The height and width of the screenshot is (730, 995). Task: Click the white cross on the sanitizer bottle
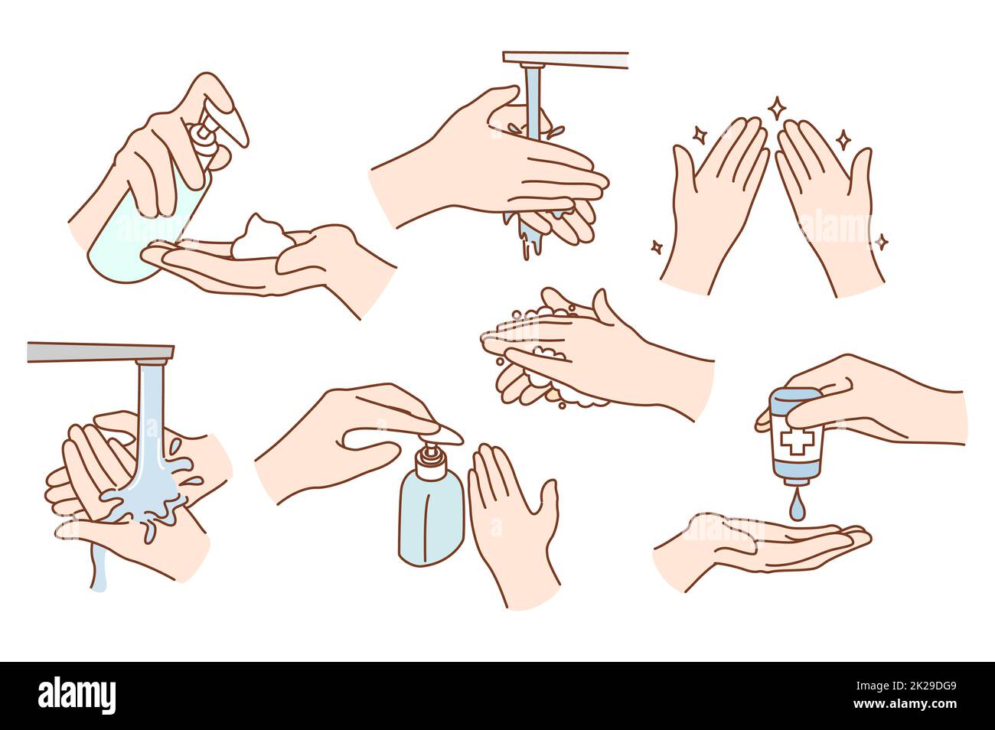pos(798,442)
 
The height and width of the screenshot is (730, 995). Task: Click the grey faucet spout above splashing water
pos(99,352)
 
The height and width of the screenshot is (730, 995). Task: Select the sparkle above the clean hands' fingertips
pos(776,107)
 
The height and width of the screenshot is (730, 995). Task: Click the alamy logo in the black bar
pos(77,696)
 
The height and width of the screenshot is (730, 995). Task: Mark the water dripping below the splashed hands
pos(97,566)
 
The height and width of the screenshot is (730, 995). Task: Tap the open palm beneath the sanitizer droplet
pos(758,547)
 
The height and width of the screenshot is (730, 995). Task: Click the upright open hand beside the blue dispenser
pos(513,520)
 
